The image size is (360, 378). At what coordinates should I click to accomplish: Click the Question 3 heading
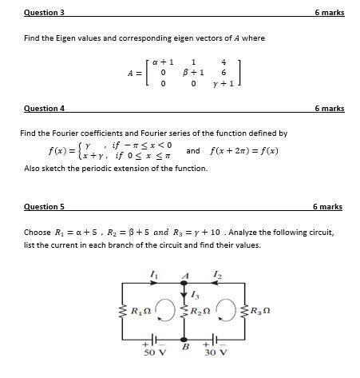[x=44, y=13]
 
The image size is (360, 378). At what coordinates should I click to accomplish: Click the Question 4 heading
[x=44, y=108]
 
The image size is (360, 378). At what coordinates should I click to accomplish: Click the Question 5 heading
[x=44, y=207]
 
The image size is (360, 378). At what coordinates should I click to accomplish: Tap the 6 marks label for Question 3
[x=329, y=13]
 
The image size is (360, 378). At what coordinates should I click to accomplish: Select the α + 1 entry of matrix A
[x=163, y=61]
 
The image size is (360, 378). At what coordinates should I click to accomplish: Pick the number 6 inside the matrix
[x=224, y=72]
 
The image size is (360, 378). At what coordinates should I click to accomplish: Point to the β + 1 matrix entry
[x=193, y=72]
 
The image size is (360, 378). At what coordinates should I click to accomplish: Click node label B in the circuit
[x=185, y=346]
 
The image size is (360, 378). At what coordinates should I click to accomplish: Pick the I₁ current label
[x=153, y=274]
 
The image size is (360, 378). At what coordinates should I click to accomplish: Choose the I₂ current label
[x=216, y=274]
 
